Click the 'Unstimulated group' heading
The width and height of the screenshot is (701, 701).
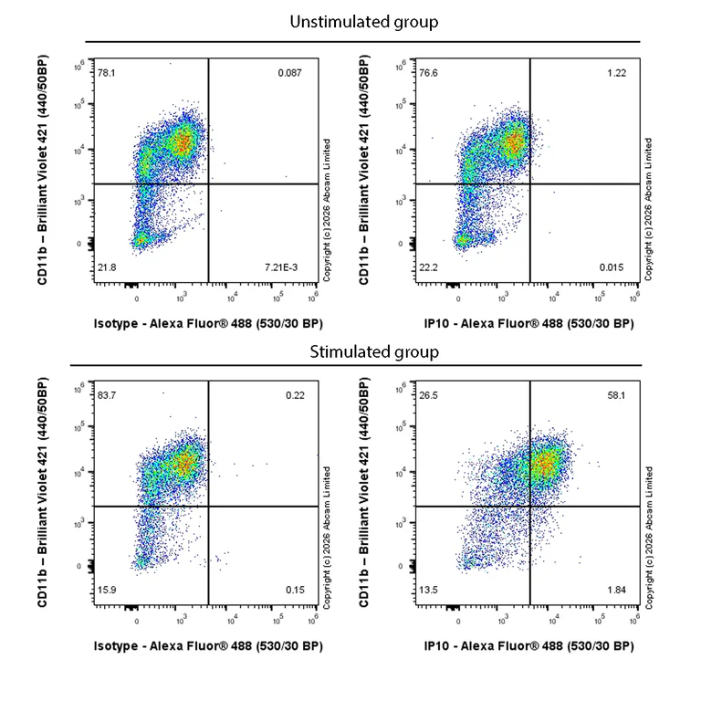pyautogui.click(x=363, y=21)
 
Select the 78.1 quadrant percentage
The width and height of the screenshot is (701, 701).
pyautogui.click(x=107, y=72)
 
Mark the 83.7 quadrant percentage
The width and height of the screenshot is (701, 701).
pyautogui.click(x=107, y=394)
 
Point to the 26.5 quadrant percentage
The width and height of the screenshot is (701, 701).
pyautogui.click(x=427, y=394)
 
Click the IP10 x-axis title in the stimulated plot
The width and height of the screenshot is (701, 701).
pyautogui.click(x=528, y=646)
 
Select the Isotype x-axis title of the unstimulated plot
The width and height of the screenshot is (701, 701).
pyautogui.click(x=208, y=324)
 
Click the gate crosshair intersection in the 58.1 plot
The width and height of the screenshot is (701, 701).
pyautogui.click(x=529, y=506)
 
